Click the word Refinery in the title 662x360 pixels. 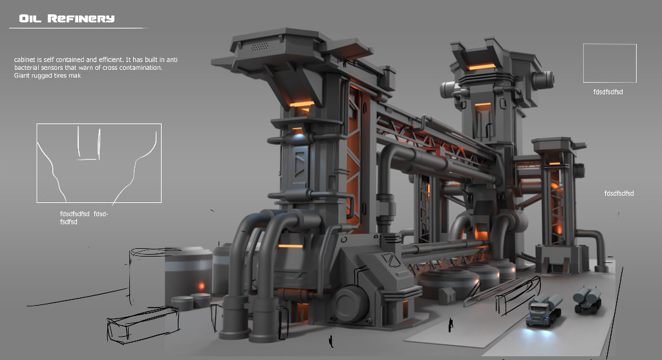[x=81, y=19]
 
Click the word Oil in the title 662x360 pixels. [x=30, y=19]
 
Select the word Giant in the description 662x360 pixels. [x=22, y=76]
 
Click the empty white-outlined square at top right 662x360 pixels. [x=610, y=44]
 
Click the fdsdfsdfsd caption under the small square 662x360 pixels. [x=608, y=92]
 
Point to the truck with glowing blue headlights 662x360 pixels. [x=544, y=311]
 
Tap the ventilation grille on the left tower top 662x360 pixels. [x=260, y=46]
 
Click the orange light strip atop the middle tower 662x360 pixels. [x=481, y=67]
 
